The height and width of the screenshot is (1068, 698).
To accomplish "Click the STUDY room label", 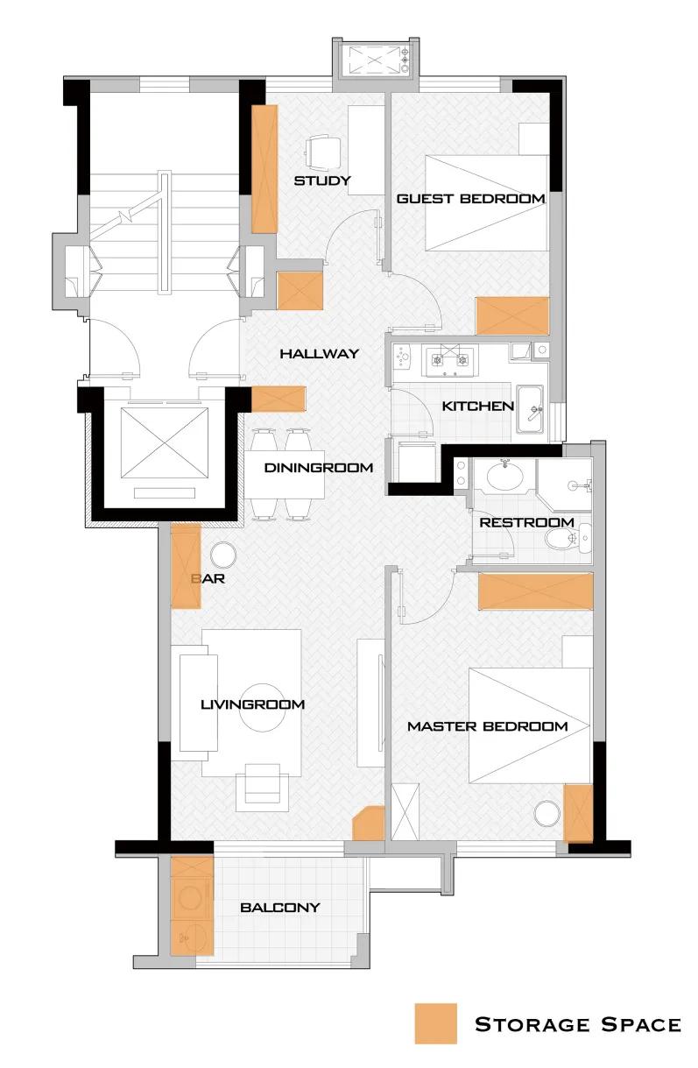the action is point(322,180).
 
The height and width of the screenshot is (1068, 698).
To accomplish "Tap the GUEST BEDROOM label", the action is point(470,198).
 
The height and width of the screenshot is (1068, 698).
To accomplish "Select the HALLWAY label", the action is point(319,354).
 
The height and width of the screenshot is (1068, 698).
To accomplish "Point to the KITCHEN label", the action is point(478,407).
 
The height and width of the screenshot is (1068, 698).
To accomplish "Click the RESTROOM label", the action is point(526,522).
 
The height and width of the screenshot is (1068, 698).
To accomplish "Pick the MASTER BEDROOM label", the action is point(488,726).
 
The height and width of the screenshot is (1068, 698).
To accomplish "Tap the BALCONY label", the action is point(279,908).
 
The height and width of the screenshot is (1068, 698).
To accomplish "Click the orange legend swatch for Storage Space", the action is point(435,1023).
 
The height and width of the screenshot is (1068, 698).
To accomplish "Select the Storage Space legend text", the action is point(578,1024).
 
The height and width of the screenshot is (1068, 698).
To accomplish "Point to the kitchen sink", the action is point(531,409).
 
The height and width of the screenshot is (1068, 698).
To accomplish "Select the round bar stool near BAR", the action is point(223,555).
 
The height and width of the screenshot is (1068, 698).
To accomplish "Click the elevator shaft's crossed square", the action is point(165,442).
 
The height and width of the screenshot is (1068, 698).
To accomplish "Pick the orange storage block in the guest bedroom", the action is point(512,315).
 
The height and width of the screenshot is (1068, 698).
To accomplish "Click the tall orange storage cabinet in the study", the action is point(264,169).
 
